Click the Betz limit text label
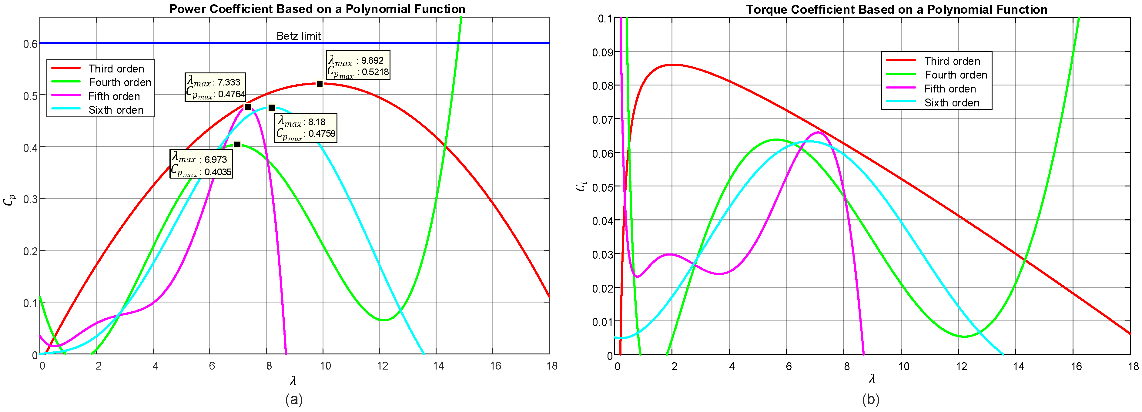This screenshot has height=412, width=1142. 298,36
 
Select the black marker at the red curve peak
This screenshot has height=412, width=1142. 320,83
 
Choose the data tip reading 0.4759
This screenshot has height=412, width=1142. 306,128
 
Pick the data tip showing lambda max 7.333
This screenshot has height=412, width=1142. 215,87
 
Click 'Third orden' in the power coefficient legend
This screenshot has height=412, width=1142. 116,69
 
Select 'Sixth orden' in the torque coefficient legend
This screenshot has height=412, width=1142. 951,103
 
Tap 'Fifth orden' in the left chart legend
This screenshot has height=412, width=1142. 114,96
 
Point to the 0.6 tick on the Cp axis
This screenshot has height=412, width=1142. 30,43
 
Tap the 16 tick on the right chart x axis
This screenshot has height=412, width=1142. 1076,366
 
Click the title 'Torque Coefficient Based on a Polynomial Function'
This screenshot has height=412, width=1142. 896,10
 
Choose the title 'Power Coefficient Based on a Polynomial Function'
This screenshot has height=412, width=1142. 317,9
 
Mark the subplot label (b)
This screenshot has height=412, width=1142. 871,400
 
